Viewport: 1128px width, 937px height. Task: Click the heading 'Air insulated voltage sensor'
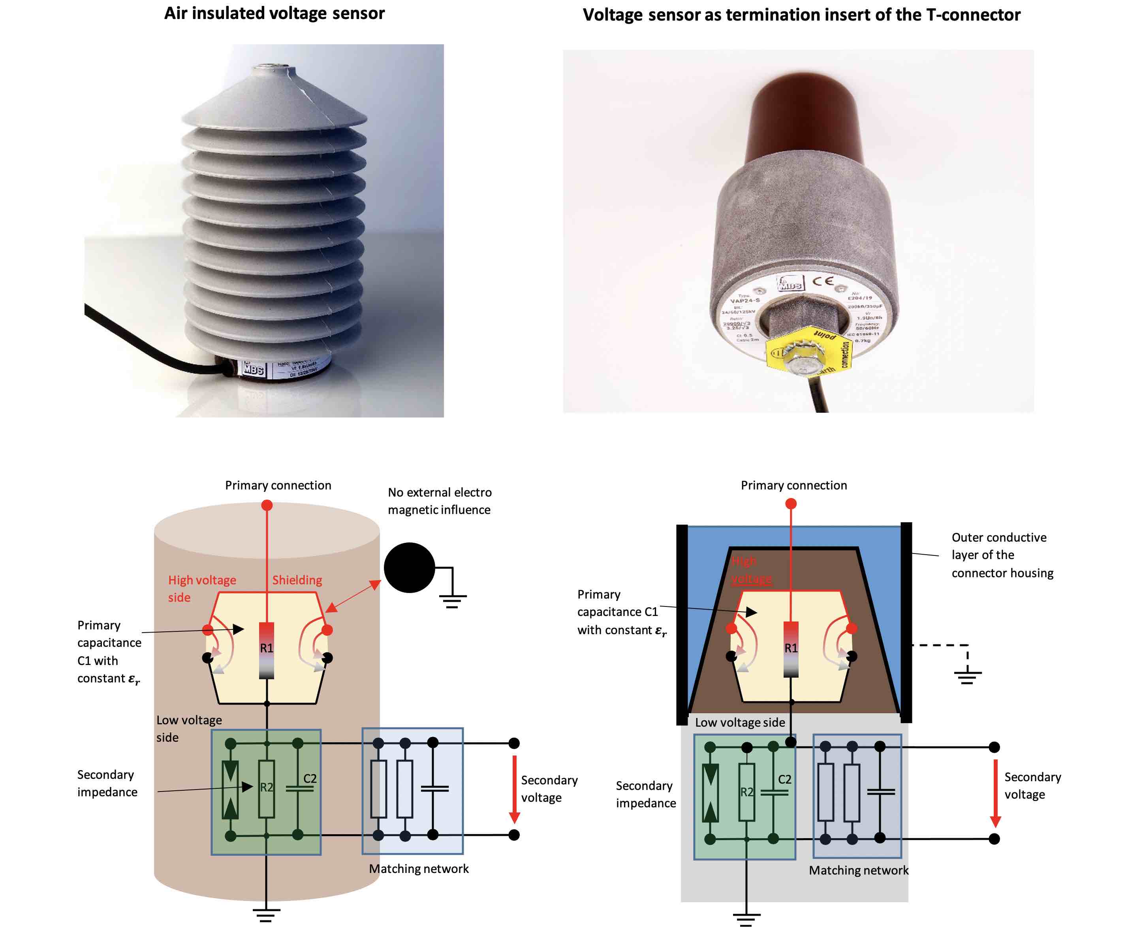pos(274,13)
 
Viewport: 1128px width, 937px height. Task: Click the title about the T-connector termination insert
pos(801,15)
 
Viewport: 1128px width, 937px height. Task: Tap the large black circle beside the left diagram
pos(409,568)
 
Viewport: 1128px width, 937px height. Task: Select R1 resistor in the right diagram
pos(791,649)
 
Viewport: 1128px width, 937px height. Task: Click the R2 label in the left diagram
pos(267,787)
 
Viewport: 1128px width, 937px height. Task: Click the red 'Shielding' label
pos(297,580)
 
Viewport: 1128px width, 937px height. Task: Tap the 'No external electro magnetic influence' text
pos(439,501)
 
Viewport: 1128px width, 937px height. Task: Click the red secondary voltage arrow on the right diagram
pos(995,793)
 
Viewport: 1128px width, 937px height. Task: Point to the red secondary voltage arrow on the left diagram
pos(514,789)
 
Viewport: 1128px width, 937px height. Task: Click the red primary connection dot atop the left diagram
pos(267,505)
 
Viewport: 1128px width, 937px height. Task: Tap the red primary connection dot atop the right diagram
pos(791,504)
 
